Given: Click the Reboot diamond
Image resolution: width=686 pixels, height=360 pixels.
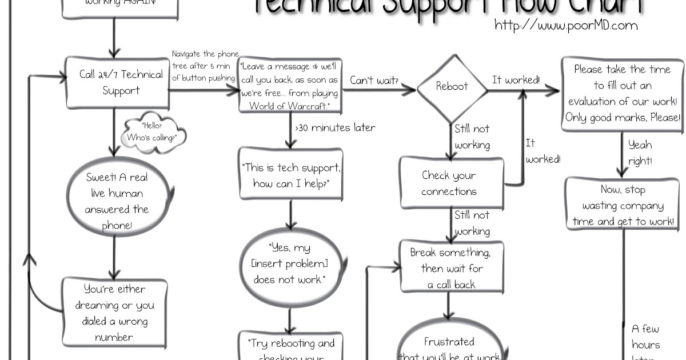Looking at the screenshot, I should click(x=452, y=87).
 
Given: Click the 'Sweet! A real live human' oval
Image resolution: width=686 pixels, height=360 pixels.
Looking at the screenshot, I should click(x=117, y=202).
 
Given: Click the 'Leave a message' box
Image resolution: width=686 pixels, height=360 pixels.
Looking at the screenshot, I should click(x=290, y=85).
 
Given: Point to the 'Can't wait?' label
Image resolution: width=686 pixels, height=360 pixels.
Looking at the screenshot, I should click(x=374, y=81).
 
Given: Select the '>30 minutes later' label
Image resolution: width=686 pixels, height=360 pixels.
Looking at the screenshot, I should click(x=335, y=128).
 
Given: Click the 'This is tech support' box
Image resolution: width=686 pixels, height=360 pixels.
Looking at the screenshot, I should click(x=291, y=175).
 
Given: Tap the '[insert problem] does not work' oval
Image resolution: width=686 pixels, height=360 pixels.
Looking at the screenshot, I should click(x=290, y=263).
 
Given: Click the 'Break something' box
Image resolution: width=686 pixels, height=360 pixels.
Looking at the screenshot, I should click(x=450, y=268).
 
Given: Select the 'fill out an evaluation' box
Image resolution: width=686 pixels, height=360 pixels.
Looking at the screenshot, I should click(x=622, y=94).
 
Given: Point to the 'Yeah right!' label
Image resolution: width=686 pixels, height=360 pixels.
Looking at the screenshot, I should click(x=640, y=153).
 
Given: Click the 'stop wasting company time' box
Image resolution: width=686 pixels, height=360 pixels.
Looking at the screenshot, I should click(x=623, y=205).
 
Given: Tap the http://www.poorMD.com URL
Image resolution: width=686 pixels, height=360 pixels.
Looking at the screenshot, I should click(x=566, y=25).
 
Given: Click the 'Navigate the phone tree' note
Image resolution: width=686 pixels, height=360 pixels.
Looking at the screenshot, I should click(x=205, y=66).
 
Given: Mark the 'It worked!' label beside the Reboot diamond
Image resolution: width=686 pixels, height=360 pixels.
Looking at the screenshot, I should click(x=516, y=80).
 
